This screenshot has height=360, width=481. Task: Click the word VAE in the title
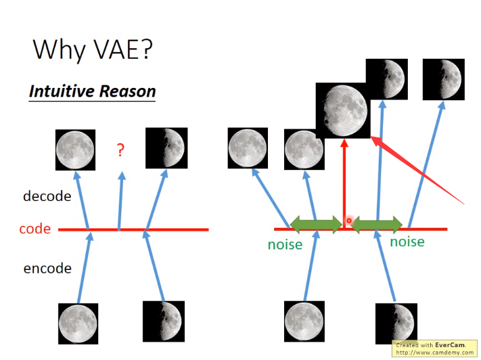point(122,49)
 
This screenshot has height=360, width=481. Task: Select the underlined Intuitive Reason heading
point(92,91)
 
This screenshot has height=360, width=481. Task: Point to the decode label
point(47,196)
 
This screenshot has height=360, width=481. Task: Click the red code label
point(35,229)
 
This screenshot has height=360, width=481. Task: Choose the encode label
point(47,268)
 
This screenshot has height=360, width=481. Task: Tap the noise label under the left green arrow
point(285,244)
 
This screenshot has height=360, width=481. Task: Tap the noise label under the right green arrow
point(407,241)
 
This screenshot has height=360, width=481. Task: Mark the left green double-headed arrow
point(316,223)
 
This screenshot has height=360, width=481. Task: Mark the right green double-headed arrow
point(377,223)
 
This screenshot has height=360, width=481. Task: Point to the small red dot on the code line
point(349,221)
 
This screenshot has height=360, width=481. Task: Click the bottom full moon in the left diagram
point(78,323)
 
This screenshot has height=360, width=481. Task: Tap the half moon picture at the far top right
point(443,79)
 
